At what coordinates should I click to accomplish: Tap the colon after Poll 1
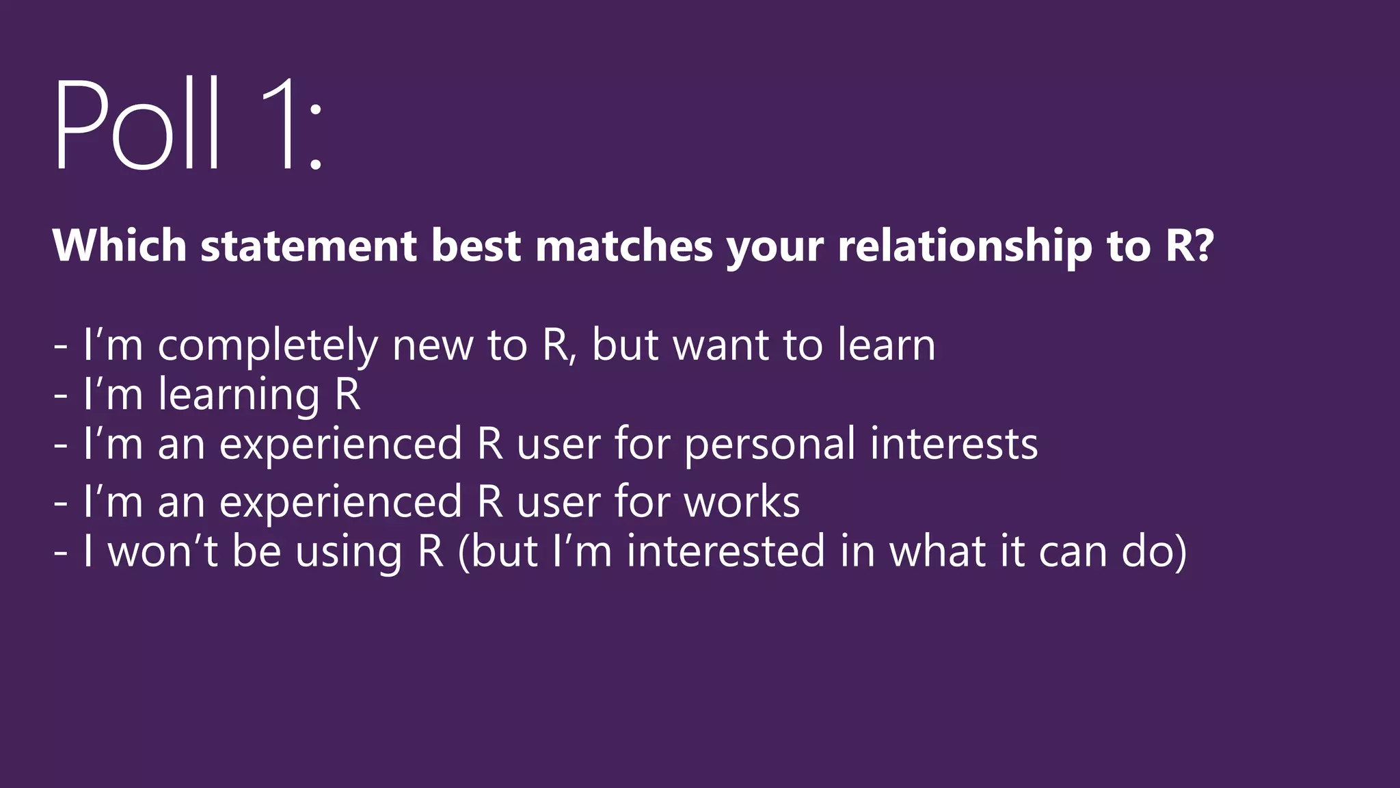coord(315,136)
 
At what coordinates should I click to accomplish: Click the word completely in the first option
coord(268,345)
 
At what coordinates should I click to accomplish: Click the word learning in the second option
coord(239,395)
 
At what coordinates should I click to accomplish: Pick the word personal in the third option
coord(769,445)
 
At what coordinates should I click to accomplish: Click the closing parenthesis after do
coord(1180,553)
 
